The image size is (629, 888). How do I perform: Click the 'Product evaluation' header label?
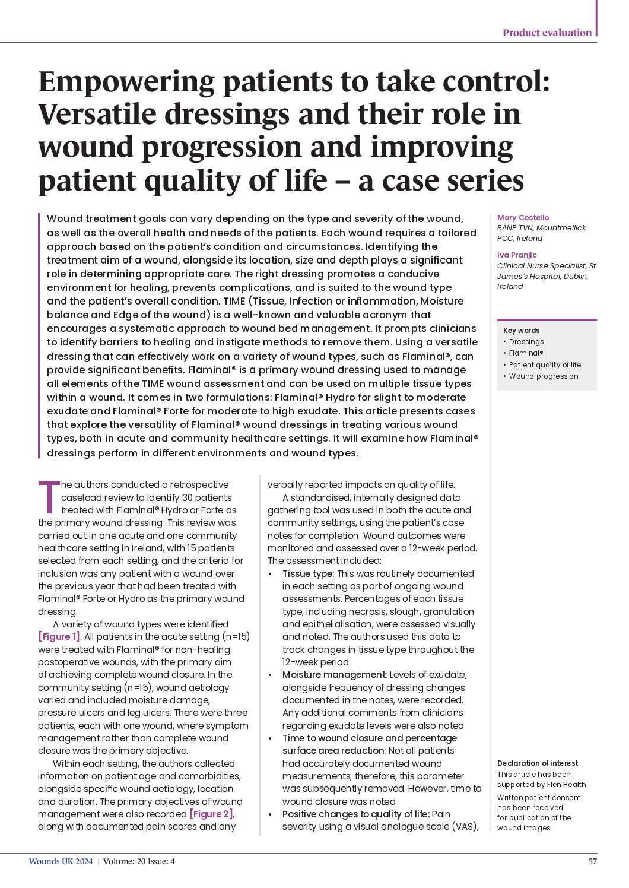coord(547,33)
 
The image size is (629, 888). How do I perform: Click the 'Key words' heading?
coord(521,331)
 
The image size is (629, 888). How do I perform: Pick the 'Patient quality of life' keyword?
coord(545,365)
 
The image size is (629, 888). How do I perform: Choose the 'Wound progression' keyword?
coord(543,376)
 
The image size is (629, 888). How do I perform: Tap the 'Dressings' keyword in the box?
coord(526,342)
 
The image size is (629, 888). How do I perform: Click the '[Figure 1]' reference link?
coord(59,637)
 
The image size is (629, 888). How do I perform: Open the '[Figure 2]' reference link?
coord(212,814)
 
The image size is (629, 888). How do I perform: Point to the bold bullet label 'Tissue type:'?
coord(308,574)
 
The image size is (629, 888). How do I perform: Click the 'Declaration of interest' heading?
coord(537,763)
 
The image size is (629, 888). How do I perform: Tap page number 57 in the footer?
coord(592,862)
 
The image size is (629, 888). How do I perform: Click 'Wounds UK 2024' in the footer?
coord(61,862)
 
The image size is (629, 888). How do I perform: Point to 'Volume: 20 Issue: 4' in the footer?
coord(139,862)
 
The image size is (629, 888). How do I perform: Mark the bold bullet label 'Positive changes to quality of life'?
coord(355,814)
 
